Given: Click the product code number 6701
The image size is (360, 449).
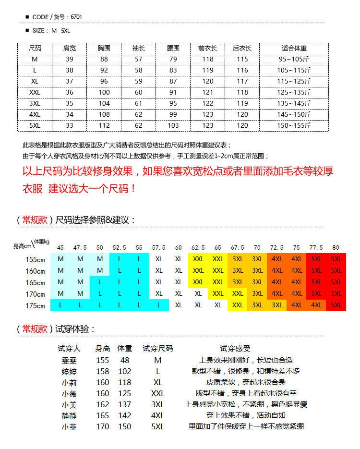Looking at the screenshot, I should [76, 17].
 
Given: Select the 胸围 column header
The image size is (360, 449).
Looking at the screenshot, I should [104, 48].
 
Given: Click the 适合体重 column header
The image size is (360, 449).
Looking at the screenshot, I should [294, 48].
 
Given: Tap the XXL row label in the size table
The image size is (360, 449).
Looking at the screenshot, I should [35, 92].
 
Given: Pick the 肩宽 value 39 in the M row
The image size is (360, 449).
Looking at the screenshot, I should [70, 59].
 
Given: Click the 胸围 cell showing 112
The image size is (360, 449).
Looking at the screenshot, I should [104, 125].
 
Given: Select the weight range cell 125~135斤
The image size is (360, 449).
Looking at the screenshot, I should [294, 92].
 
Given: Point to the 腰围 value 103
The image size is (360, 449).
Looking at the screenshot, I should [173, 125].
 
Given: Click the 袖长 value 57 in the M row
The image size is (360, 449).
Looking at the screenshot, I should [139, 59].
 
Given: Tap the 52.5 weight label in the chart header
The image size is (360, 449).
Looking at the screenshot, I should [120, 248].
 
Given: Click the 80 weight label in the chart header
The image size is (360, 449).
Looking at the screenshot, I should [336, 248].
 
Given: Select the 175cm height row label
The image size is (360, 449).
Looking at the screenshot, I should [35, 305].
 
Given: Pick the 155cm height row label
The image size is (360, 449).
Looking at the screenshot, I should [35, 259].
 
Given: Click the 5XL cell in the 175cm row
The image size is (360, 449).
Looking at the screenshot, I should [336, 305].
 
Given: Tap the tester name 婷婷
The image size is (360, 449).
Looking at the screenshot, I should [69, 371].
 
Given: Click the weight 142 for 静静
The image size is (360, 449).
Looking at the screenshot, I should [125, 415].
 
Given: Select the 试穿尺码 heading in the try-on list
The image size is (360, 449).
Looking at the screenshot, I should [157, 349].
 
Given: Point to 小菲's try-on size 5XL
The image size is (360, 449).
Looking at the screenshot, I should [157, 426].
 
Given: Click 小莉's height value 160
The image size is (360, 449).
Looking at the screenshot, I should [103, 382].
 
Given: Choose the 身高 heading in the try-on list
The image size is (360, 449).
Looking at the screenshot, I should [103, 349].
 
